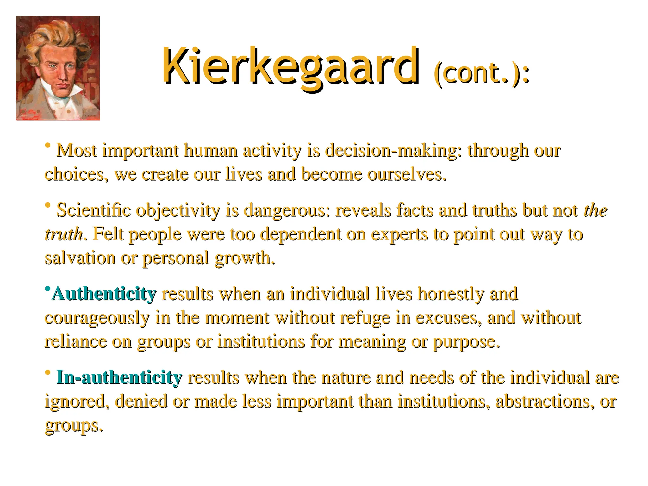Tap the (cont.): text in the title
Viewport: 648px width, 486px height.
pos(481,73)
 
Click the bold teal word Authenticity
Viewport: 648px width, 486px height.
pos(104,294)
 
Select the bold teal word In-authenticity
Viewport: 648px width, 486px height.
pos(119,377)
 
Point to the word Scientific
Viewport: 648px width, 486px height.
pos(93,210)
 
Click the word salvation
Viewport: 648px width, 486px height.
pos(80,258)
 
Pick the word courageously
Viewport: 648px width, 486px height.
pos(97,318)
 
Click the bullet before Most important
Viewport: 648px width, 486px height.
pos(48,146)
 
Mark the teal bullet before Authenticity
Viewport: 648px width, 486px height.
pos(47,289)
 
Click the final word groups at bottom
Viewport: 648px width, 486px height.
pos(73,426)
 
